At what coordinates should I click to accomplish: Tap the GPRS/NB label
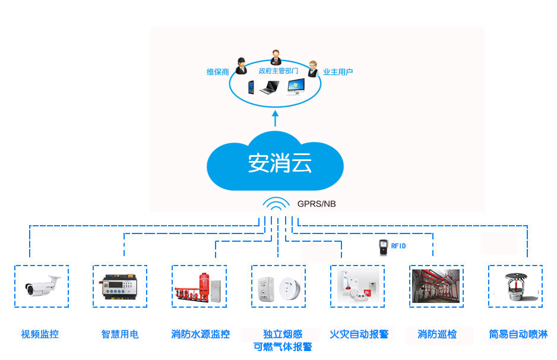click(317, 204)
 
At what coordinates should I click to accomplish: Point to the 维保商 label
click(218, 72)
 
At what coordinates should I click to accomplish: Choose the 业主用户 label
click(338, 72)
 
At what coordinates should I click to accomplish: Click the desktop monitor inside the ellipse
click(296, 88)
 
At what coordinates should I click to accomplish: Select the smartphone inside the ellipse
click(251, 88)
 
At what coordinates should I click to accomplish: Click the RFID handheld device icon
click(383, 246)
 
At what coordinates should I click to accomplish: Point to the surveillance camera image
click(42, 286)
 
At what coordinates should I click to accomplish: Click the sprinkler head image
click(515, 286)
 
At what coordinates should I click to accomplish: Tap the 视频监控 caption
click(40, 334)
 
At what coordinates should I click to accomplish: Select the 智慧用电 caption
click(119, 334)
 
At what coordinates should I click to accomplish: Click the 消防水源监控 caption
click(200, 334)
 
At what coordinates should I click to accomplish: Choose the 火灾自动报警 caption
click(359, 334)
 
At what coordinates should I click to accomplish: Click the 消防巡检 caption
click(437, 334)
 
